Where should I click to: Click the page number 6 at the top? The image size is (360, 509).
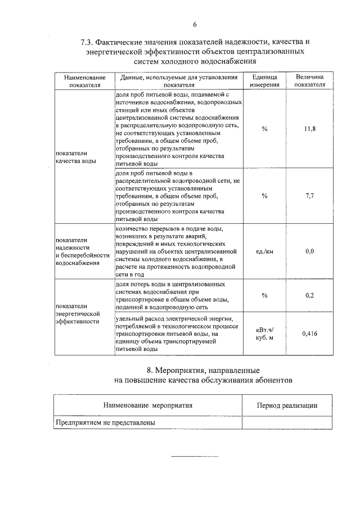tap(195, 24)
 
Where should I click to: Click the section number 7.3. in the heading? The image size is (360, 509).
tap(88, 42)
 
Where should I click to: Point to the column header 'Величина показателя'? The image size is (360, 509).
tap(309, 81)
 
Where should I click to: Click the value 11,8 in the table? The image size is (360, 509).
tap(309, 129)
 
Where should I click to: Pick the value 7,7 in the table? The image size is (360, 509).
tap(309, 196)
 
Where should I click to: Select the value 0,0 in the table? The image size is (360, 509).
tap(309, 251)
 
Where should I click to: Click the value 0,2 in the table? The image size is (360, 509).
tap(309, 295)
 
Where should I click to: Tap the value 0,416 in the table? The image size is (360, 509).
tap(309, 334)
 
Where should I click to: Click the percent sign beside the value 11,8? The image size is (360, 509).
tap(264, 129)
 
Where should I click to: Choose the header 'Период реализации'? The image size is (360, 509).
tap(287, 405)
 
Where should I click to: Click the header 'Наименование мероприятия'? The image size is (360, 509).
tap(148, 405)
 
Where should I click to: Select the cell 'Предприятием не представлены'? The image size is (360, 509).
tap(105, 422)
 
